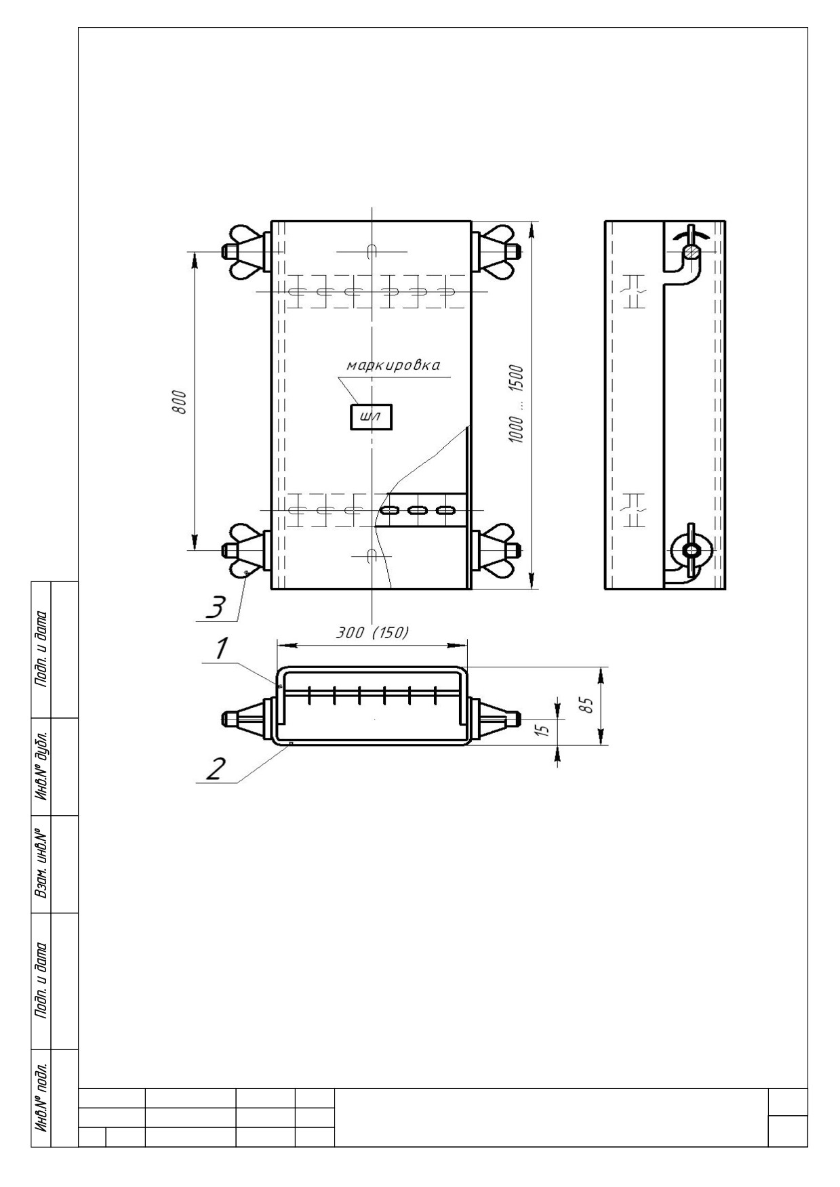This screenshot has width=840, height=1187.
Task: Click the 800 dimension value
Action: click(x=180, y=404)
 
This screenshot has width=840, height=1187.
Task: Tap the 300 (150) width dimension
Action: click(x=373, y=632)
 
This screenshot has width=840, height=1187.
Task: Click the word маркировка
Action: click(x=393, y=365)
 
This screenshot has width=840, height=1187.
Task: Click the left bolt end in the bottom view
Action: click(x=229, y=717)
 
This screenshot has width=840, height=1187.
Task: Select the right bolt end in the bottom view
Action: click(x=514, y=717)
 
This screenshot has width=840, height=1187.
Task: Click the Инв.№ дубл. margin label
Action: click(x=41, y=766)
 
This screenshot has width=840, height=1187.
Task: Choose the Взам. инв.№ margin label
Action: click(x=41, y=865)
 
